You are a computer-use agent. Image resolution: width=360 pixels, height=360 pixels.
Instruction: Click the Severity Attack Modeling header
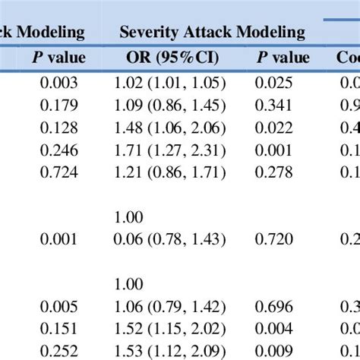[213, 32]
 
